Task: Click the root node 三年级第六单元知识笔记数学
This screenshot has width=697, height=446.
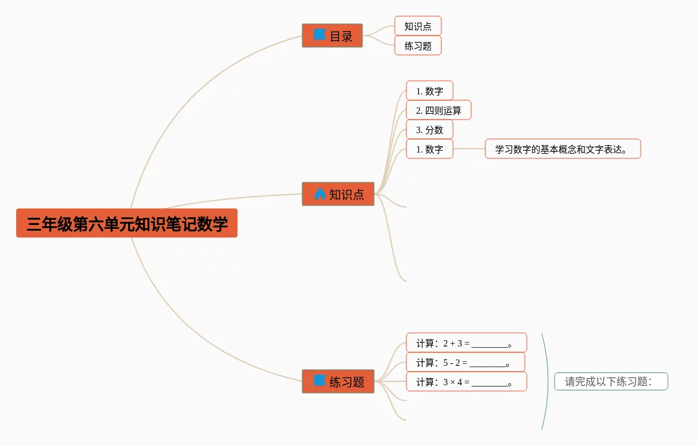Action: pos(127,223)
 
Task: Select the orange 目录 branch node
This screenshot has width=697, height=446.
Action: pos(332,36)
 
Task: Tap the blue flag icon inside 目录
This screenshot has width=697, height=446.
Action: pos(319,35)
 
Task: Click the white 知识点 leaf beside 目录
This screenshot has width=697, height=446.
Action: pos(418,27)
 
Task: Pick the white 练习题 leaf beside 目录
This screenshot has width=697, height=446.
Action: pos(418,46)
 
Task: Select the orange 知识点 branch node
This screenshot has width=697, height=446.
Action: pos(338,194)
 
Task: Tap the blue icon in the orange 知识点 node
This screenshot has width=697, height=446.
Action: pos(320,193)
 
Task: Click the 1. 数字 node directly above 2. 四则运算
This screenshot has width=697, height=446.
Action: pos(430,91)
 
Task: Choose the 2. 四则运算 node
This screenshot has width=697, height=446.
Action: pos(438,110)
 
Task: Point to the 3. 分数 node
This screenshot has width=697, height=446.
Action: pos(430,129)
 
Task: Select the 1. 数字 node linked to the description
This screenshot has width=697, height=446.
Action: pos(430,149)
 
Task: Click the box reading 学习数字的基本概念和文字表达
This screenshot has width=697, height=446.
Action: pos(563,149)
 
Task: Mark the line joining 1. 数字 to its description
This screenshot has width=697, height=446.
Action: pos(469,149)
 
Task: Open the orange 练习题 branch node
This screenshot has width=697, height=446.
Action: pos(338,381)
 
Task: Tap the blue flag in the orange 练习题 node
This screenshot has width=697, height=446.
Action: pos(319,381)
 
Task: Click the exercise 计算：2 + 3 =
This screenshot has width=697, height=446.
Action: pos(467,343)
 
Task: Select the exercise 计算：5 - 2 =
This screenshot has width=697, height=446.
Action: pos(465,362)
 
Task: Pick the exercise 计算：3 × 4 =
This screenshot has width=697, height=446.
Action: pos(467,381)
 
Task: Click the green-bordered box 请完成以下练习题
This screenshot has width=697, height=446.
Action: pos(611,381)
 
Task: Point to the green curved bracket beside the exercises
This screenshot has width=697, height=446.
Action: pos(548,381)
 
